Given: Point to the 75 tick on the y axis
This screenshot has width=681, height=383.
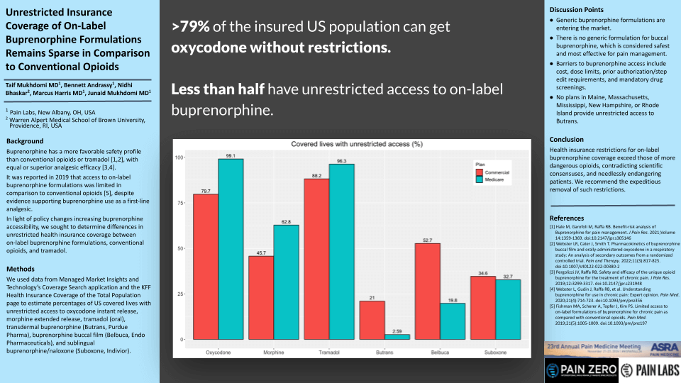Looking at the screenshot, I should (179, 203).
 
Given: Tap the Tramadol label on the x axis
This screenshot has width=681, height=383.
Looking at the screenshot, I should (328, 352).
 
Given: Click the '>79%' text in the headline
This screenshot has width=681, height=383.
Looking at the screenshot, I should (190, 27).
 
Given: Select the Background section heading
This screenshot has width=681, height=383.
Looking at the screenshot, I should (26, 142).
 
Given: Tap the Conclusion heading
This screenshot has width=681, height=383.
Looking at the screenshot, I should (567, 140).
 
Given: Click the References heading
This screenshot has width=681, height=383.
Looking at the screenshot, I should (567, 218).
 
